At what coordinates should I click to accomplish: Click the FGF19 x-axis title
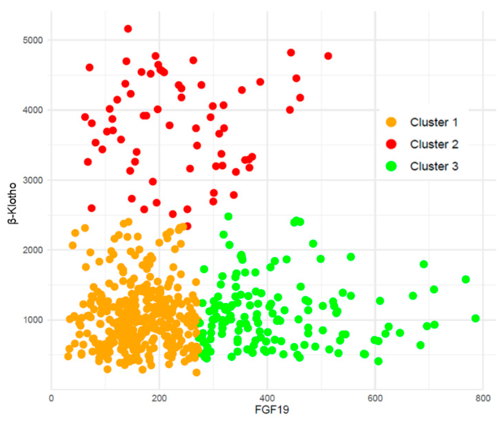click(272, 410)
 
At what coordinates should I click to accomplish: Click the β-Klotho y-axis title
click(12, 203)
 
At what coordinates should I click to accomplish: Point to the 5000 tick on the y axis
click(33, 40)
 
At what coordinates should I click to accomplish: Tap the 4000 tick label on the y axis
click(33, 110)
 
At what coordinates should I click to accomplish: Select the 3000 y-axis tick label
click(33, 180)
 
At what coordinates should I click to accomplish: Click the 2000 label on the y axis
click(33, 250)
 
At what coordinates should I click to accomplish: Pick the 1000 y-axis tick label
click(33, 320)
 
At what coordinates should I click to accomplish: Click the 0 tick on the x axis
click(51, 398)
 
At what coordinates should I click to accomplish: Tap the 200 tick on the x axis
click(159, 398)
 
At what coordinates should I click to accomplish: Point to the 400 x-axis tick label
click(267, 398)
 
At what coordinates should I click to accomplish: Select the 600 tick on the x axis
click(375, 398)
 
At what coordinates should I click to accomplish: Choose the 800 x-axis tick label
click(483, 398)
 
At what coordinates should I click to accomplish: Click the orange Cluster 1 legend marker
click(391, 122)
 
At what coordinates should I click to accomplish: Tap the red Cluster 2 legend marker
click(391, 144)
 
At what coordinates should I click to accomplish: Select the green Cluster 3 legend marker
click(391, 166)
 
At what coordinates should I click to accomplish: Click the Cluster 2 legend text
click(434, 144)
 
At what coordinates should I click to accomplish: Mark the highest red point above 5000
click(128, 29)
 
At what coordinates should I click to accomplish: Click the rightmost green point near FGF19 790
click(475, 318)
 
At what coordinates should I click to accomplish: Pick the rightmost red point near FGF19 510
click(328, 56)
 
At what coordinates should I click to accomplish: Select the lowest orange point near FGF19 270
click(196, 372)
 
